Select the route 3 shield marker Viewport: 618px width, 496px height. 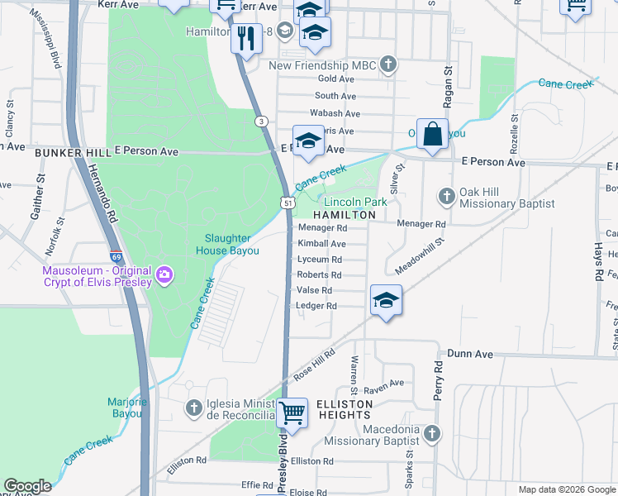tap(261, 122)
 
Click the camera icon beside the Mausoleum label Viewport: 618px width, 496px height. tap(164, 274)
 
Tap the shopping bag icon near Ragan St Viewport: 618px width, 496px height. tap(432, 134)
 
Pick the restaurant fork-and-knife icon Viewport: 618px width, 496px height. tap(245, 37)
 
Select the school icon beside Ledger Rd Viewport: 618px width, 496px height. tap(385, 301)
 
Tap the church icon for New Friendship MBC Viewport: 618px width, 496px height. tap(388, 65)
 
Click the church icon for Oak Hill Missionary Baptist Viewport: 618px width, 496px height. tap(447, 196)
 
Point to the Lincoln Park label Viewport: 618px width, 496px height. tap(355, 202)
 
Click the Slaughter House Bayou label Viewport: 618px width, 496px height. tap(227, 245)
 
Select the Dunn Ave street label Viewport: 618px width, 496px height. tap(469, 353)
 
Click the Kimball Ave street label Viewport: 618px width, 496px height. tap(321, 244)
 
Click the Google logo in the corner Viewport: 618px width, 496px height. tap(27, 486)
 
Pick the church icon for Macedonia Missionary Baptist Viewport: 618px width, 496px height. tap(431, 432)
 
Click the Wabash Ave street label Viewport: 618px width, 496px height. tap(335, 113)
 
